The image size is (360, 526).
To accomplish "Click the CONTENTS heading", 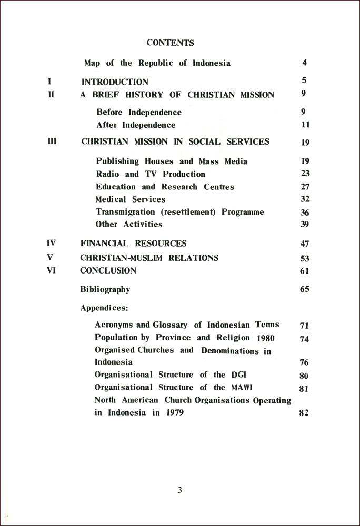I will click(170, 43).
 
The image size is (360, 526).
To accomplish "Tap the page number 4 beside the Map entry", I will click(304, 63).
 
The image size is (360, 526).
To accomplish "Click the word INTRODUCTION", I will click(115, 82).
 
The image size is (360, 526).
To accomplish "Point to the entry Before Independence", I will click(139, 112).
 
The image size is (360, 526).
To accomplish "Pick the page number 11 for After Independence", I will click(306, 125).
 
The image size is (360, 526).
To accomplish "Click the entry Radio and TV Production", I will click(151, 174).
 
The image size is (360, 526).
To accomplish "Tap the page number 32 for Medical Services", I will click(305, 199).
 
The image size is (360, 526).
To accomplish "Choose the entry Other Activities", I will click(129, 225).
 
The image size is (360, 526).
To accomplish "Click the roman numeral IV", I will click(51, 243).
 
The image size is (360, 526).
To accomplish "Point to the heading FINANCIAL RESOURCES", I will click(133, 244).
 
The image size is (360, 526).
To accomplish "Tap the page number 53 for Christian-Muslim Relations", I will click(305, 259).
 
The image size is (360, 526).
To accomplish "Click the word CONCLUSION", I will click(108, 271).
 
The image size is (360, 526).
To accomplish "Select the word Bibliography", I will click(105, 289).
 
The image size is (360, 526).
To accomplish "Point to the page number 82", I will click(304, 413).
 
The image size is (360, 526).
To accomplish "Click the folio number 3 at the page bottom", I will click(179, 490).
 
